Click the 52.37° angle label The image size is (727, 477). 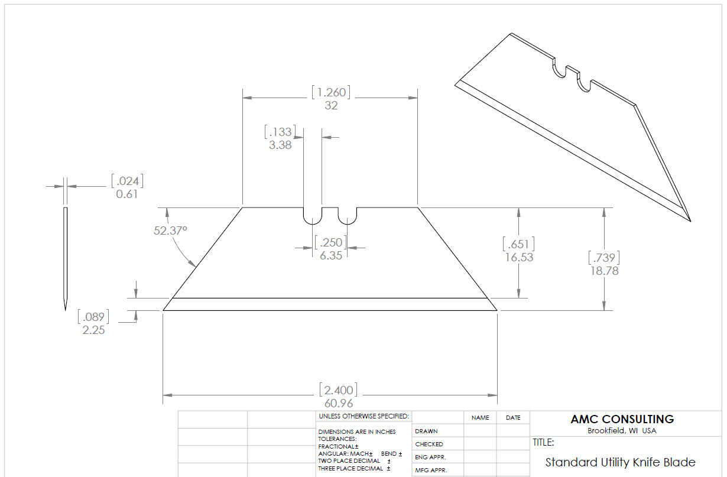click(x=170, y=231)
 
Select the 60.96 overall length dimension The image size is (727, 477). click(x=339, y=403)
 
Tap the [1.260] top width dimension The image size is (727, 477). click(x=331, y=92)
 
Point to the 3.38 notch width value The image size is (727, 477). click(x=280, y=145)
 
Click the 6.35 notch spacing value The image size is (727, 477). click(x=331, y=255)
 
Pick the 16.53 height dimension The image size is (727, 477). click(x=519, y=257)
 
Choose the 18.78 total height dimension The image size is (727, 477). click(x=604, y=271)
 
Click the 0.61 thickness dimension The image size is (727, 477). click(x=127, y=194)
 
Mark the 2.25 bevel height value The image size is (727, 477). click(x=93, y=330)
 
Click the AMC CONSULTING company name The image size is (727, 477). click(x=622, y=419)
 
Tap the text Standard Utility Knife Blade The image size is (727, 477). click(x=620, y=462)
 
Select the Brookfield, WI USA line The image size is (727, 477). click(x=622, y=430)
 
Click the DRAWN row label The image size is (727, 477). click(x=426, y=431)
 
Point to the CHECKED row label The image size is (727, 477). click(x=429, y=444)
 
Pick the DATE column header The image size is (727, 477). click(x=513, y=418)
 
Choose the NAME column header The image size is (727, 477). click(x=481, y=418)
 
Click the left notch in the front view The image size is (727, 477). click(x=313, y=224)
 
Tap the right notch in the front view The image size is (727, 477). click(x=348, y=224)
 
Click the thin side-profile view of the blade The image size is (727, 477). click(x=65, y=259)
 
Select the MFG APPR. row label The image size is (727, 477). click(x=431, y=470)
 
